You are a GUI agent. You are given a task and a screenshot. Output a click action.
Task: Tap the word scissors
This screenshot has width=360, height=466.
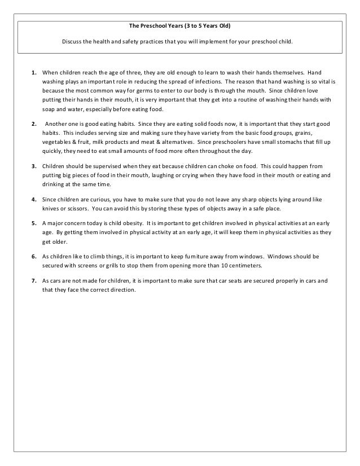coord(73,208)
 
